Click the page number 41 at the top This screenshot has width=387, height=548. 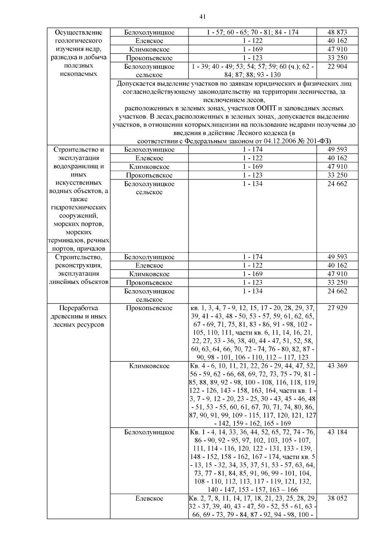(203, 17)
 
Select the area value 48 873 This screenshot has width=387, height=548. (337, 32)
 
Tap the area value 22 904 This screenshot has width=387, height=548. (337, 67)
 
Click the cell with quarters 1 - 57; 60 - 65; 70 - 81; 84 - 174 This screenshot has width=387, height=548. (252, 32)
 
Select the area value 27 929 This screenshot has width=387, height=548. (337, 308)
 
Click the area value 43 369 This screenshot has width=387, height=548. (337, 366)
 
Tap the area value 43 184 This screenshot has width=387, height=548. (337, 432)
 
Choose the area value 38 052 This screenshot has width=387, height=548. (337, 498)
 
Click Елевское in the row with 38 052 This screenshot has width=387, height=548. (149, 498)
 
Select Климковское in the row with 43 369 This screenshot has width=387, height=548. (149, 366)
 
